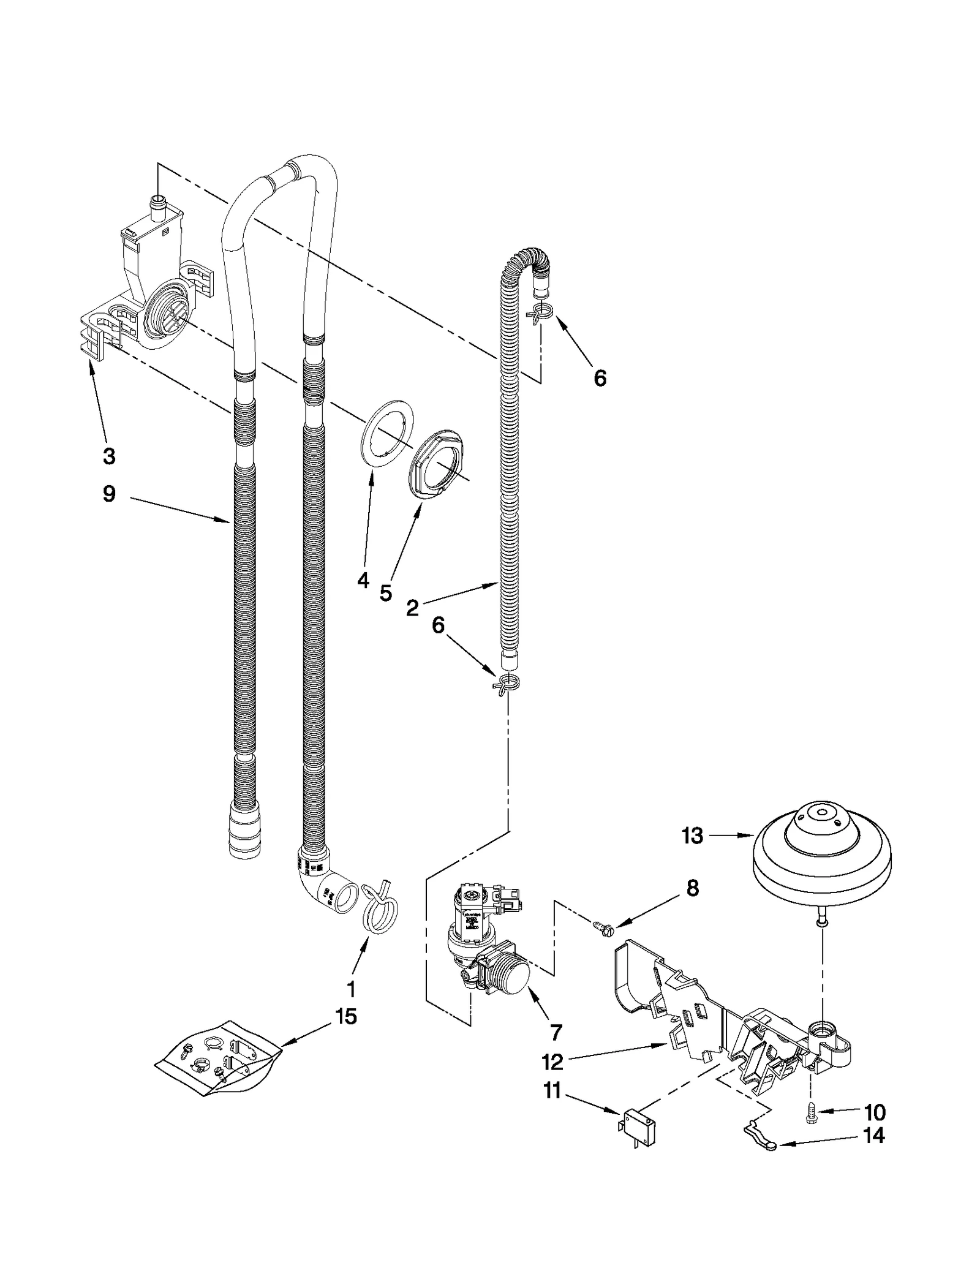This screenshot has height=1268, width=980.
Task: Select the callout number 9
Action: point(109,493)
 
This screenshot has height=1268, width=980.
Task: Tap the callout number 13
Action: point(692,836)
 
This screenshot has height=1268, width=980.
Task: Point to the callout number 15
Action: point(346,1017)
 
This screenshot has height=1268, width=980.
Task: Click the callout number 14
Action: point(873,1135)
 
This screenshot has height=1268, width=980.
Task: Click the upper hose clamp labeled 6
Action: point(540,313)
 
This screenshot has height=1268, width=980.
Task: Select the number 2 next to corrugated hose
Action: point(412,608)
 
